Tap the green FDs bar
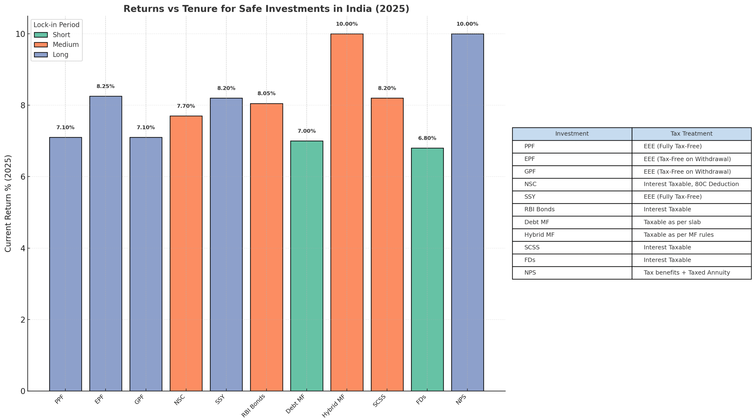click(x=427, y=269)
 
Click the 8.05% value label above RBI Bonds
click(x=266, y=93)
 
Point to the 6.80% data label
click(x=427, y=138)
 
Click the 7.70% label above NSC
click(x=186, y=106)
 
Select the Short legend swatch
click(x=41, y=35)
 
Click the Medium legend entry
click(x=65, y=45)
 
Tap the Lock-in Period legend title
click(x=56, y=25)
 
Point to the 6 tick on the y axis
click(x=23, y=177)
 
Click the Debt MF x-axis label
click(x=295, y=404)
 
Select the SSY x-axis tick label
click(x=220, y=399)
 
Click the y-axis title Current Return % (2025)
click(x=8, y=203)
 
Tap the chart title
click(x=266, y=9)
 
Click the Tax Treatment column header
click(x=691, y=134)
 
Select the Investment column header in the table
click(x=572, y=134)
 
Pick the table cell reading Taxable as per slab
click(x=672, y=222)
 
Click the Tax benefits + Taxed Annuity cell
click(x=687, y=273)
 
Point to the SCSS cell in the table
click(x=532, y=248)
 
